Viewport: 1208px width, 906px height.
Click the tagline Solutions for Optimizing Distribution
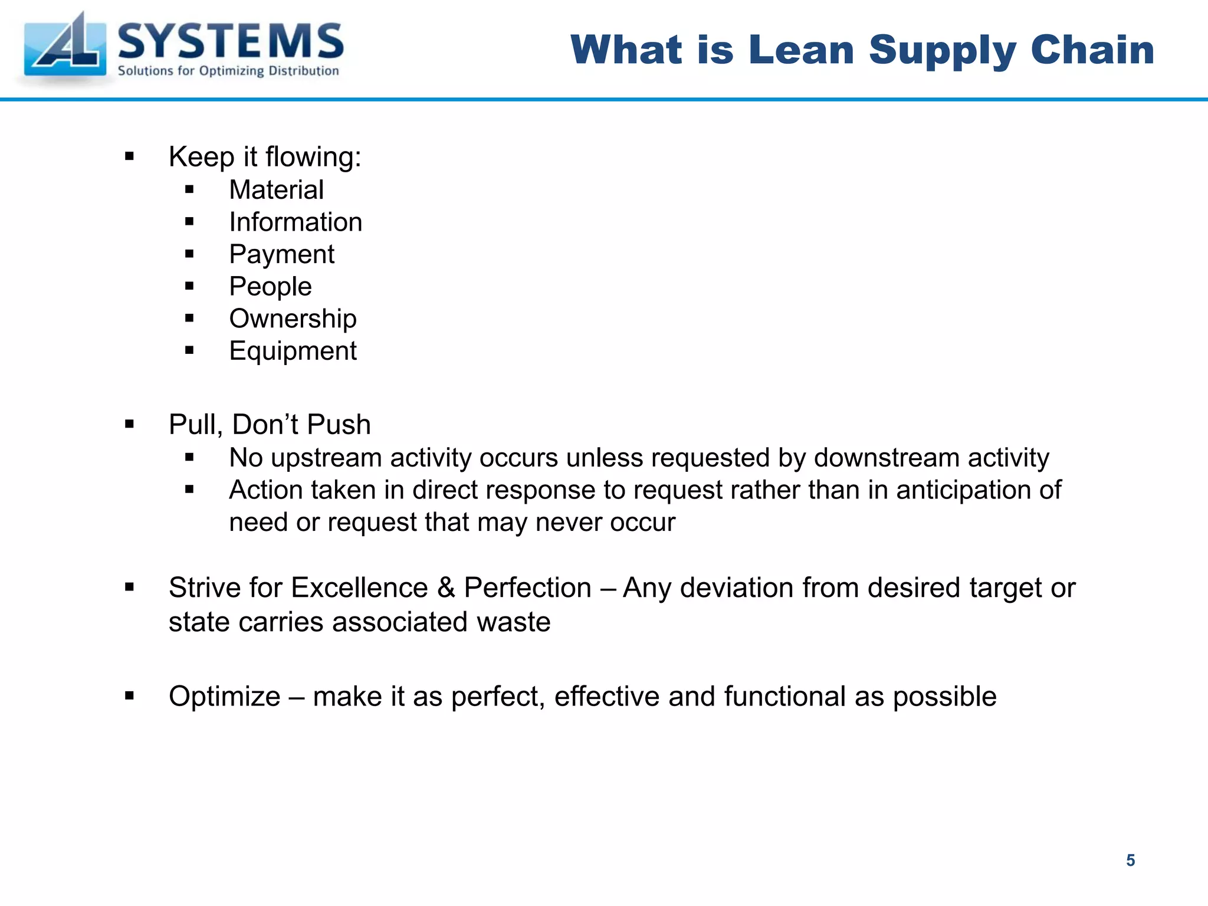228,71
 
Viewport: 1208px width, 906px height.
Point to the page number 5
1130,861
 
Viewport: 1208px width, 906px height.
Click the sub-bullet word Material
276,190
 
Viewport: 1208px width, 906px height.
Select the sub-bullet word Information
296,222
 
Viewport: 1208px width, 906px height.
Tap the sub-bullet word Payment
281,255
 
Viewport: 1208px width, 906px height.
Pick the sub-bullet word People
270,287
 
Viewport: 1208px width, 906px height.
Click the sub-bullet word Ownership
293,319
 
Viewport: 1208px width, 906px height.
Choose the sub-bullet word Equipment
293,352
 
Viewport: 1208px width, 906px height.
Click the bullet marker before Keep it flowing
130,157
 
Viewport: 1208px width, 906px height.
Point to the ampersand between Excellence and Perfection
446,588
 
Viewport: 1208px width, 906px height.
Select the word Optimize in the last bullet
224,697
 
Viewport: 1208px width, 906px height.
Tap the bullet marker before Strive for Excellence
130,587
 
